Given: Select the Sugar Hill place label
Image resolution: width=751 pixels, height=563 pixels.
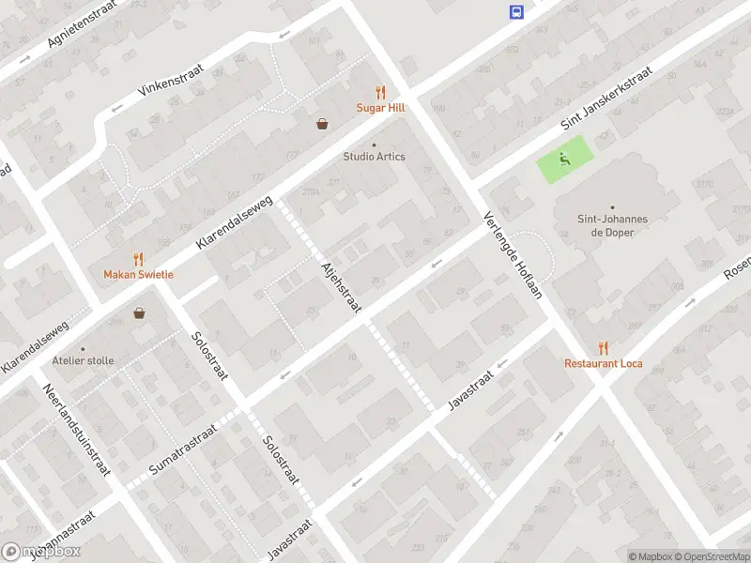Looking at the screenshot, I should (x=380, y=108).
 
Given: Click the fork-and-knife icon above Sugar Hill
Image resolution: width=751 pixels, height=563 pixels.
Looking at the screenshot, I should (x=380, y=92).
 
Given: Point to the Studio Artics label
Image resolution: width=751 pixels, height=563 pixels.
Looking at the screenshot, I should (x=374, y=156).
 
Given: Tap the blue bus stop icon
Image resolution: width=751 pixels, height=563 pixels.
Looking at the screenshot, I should (x=516, y=11).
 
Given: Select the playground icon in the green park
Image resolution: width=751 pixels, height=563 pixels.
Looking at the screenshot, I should (x=565, y=159).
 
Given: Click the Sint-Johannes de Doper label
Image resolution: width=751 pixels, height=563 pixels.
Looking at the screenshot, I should (x=612, y=225).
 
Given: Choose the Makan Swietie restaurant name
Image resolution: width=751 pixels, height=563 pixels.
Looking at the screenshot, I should (x=138, y=274).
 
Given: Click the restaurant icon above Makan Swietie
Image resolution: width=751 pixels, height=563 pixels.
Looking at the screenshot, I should (x=138, y=258).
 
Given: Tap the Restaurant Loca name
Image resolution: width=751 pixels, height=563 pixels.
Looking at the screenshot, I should (x=603, y=363).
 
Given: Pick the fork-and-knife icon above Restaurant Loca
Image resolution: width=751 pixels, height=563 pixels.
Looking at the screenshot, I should (x=603, y=347).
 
